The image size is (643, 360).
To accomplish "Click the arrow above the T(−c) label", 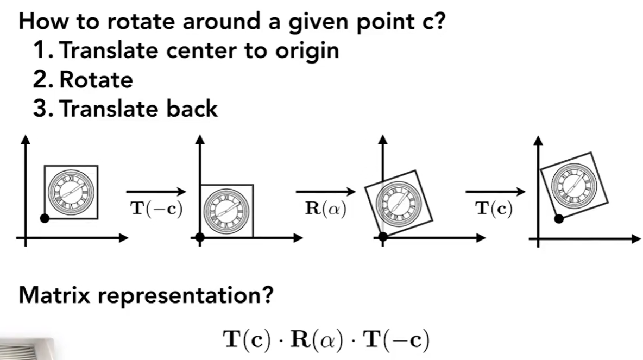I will [x=156, y=191].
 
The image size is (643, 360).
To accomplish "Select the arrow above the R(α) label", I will [x=325, y=191].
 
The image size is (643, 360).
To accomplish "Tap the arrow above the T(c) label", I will [x=495, y=191].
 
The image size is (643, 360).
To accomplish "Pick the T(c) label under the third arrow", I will [x=494, y=210].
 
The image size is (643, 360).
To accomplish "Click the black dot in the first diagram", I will [x=45, y=218].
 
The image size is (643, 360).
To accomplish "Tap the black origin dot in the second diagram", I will [x=200, y=237].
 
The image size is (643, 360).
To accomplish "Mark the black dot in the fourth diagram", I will [x=558, y=218].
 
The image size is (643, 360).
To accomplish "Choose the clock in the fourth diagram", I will [x=571, y=183].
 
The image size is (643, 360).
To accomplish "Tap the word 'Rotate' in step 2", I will [x=96, y=80].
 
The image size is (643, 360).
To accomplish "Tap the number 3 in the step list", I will [x=41, y=109].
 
